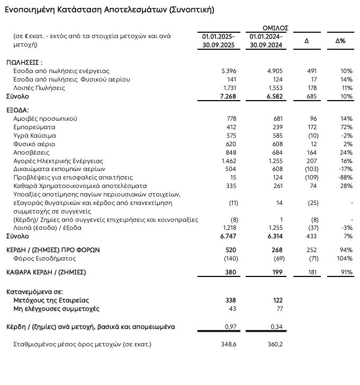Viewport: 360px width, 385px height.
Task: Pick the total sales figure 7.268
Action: (x=227, y=96)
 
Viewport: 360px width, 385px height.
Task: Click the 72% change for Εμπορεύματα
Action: (x=346, y=127)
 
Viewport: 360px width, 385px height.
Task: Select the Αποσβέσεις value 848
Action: (x=230, y=153)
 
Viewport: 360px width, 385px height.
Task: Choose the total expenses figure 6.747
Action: (x=227, y=236)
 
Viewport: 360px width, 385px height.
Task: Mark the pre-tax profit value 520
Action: (x=230, y=249)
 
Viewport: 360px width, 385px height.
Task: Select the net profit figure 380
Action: (x=230, y=272)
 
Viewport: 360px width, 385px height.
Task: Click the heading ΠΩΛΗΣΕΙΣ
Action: (x=24, y=62)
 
